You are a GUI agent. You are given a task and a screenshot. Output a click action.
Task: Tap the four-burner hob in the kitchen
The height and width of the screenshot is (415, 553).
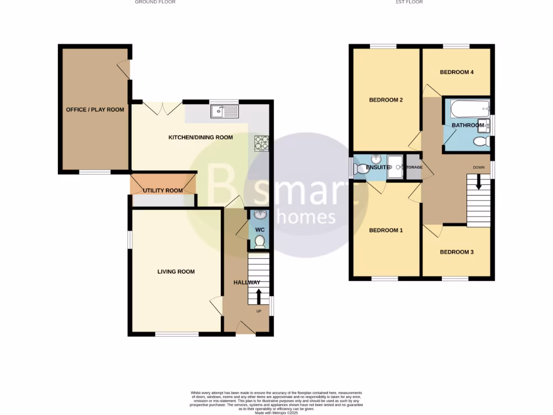261,143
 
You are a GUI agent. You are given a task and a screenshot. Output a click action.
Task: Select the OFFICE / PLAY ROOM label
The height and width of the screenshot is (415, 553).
95,110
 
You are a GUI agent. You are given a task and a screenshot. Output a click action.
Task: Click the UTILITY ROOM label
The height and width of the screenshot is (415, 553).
163,191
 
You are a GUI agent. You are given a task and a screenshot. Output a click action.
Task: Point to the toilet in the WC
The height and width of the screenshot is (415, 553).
260,241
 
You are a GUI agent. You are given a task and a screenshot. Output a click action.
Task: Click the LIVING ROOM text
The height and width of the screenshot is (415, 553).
176,272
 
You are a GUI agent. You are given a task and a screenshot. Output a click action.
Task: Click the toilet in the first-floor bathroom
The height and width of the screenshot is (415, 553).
480,141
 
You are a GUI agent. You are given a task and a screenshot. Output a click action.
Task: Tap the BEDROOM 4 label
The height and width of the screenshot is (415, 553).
456,72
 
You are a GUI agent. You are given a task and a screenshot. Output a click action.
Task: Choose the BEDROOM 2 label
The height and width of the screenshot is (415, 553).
386,100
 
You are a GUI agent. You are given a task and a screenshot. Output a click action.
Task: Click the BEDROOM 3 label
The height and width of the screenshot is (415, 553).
456,252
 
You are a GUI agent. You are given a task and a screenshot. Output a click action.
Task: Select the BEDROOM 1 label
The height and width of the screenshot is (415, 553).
386,230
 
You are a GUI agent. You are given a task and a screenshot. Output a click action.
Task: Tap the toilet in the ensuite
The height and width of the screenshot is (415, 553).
360,168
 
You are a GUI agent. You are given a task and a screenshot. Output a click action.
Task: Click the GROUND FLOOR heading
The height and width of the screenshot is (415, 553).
155,2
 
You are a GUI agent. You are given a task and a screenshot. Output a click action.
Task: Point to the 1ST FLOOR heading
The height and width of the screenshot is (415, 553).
409,2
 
